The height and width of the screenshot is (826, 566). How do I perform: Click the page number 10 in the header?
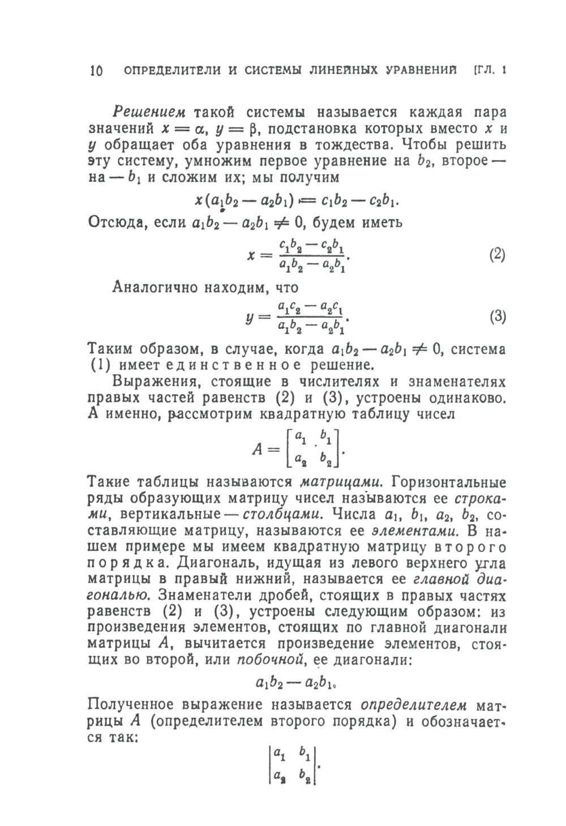tap(96, 71)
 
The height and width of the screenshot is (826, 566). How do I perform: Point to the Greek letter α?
tap(207, 129)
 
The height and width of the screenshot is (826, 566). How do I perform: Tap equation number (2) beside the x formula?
tap(496, 254)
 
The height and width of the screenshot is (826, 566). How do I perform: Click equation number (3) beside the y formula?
tap(496, 317)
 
